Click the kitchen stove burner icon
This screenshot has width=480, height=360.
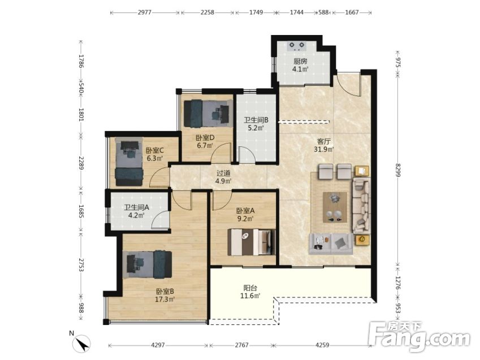point(297,46)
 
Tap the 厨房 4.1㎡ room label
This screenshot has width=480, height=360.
point(300,65)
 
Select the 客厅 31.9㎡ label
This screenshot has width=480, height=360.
point(323,145)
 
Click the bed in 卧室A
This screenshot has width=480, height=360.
point(252,242)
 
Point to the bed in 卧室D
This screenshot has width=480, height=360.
point(207,114)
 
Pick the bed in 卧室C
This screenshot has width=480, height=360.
point(129,161)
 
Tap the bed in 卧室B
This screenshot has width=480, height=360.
point(148,264)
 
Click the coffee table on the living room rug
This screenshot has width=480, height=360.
point(335,207)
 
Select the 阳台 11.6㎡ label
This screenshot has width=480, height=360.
point(250,292)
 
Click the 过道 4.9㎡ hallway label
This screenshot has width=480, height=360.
point(223,177)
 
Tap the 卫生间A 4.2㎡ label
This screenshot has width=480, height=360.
point(136,211)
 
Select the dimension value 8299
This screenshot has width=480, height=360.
point(398,170)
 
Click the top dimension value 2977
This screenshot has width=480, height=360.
point(145,12)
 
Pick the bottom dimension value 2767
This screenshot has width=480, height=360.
point(241,345)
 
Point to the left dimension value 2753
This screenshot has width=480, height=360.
point(81,265)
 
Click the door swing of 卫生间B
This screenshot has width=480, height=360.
point(247,155)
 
